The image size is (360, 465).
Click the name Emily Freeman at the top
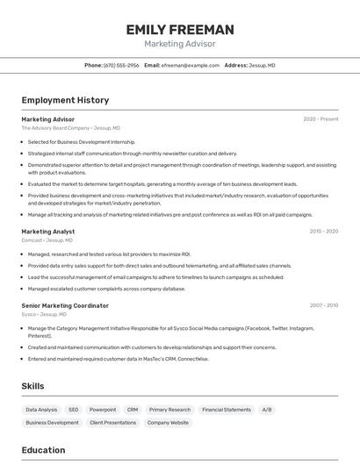coord(179,29)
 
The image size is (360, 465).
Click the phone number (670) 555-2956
coord(121,65)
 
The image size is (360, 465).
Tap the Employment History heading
coord(65,100)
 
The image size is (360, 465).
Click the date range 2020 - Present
coord(320,119)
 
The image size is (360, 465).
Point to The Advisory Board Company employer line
coord(70,128)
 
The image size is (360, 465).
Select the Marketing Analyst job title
coord(48,232)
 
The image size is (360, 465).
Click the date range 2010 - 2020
coord(323,232)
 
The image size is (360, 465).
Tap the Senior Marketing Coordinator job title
coord(65,306)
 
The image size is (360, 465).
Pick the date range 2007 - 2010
coord(323,306)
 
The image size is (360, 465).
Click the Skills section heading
coord(32,386)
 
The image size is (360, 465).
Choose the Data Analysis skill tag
coord(41,410)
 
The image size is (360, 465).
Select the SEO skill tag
coord(74,410)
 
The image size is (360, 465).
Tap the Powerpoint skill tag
coord(103,410)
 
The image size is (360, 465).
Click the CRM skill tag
coord(133,410)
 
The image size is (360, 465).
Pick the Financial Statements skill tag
coord(227,410)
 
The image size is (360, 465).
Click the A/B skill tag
coord(267,410)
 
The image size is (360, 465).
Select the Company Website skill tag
coord(168,423)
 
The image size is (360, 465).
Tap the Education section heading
coord(43,450)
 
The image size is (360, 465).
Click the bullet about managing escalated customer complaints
coord(106,289)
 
